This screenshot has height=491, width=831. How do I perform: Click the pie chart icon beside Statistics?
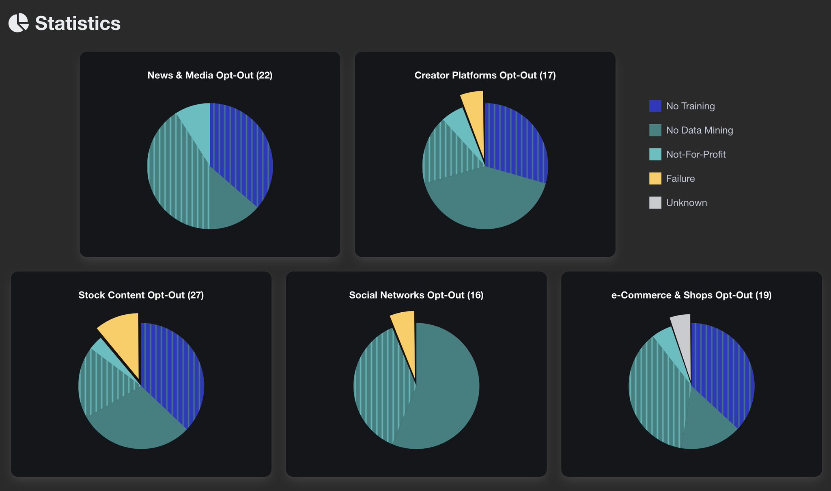click(x=19, y=23)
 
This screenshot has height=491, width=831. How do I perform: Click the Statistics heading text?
click(x=78, y=23)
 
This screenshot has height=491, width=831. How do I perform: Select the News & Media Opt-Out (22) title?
click(x=210, y=75)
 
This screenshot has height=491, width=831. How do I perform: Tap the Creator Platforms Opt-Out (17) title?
click(x=485, y=75)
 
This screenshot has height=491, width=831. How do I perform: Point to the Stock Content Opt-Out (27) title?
click(x=141, y=295)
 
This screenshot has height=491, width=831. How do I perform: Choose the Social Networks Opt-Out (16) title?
click(x=416, y=295)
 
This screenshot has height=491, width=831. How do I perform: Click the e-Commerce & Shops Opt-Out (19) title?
click(x=691, y=295)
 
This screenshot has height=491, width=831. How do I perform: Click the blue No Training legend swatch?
click(x=655, y=106)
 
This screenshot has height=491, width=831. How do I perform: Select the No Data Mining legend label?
click(x=700, y=130)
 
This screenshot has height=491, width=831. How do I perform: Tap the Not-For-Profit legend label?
click(x=696, y=154)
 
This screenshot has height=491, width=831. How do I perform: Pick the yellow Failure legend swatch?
click(x=655, y=178)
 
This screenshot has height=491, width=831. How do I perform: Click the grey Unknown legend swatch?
click(x=655, y=203)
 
